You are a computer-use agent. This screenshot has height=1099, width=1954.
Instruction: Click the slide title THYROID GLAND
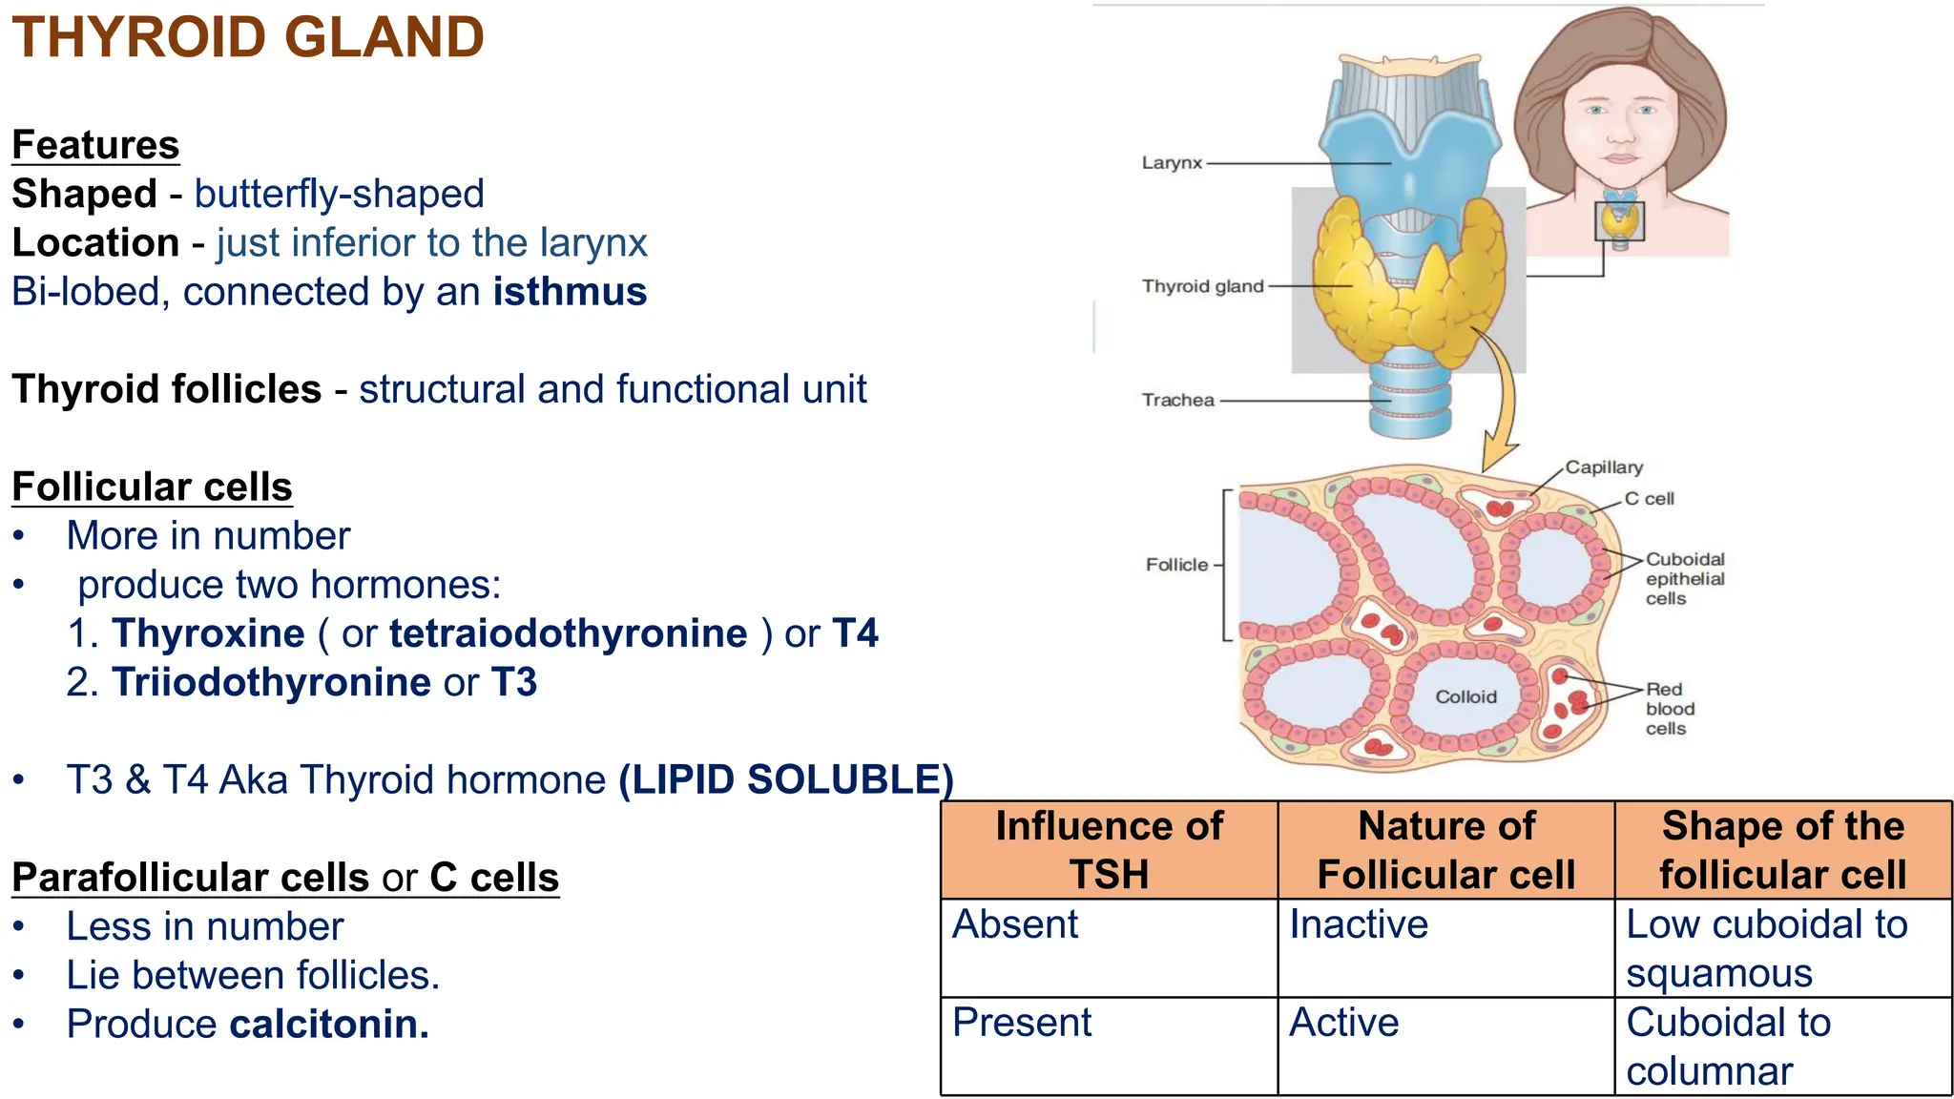point(248,38)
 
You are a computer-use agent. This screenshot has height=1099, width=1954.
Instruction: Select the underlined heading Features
point(95,146)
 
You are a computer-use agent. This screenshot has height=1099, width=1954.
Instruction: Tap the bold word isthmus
point(570,292)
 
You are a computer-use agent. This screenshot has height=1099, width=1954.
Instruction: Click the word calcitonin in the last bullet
point(329,1025)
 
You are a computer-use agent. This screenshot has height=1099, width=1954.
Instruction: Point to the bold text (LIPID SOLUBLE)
point(786,780)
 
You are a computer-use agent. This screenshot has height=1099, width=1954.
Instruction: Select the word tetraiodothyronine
point(568,634)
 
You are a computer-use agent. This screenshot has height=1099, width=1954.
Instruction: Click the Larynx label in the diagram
point(1172,163)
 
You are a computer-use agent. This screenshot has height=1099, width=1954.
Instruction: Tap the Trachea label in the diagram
point(1177,401)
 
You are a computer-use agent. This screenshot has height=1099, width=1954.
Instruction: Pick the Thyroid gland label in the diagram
point(1202,286)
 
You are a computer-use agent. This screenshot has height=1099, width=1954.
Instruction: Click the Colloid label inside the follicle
point(1465,697)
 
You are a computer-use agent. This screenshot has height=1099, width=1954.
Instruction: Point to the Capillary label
point(1604,467)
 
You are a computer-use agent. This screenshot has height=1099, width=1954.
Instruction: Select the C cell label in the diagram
point(1649,499)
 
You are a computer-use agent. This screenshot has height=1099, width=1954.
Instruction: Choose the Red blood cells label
point(1670,709)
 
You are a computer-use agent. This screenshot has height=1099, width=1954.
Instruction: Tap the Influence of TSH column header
point(1109,850)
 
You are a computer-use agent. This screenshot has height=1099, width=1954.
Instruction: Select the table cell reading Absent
point(1015,924)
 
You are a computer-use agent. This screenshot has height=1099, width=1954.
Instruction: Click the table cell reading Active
point(1343,1023)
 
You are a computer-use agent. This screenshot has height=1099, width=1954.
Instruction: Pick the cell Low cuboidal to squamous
point(1766,948)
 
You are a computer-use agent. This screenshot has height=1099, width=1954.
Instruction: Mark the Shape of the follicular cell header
point(1782,850)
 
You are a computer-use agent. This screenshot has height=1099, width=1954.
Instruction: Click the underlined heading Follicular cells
point(152,487)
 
